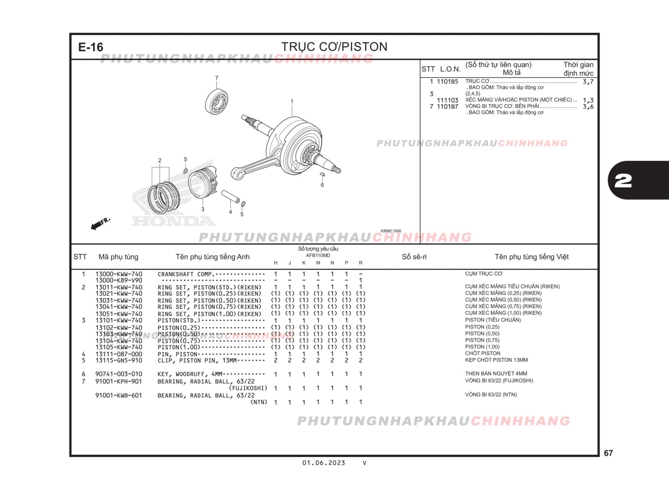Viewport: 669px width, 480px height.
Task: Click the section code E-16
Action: [x=91, y=47]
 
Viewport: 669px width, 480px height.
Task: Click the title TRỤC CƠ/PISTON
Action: [x=334, y=47]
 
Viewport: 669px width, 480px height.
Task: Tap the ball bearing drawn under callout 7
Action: [x=217, y=102]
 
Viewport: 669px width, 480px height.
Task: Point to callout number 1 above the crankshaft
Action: [x=292, y=101]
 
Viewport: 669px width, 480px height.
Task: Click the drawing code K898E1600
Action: [x=390, y=231]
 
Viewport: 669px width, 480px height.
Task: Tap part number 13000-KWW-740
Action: [x=119, y=274]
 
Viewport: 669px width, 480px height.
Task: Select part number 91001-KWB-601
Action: [x=119, y=395]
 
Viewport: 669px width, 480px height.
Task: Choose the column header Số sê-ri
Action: [x=414, y=257]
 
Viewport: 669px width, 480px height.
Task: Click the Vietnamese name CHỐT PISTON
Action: [x=482, y=353]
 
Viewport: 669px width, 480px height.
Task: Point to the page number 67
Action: [x=608, y=453]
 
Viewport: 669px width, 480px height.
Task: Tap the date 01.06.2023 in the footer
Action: [x=323, y=463]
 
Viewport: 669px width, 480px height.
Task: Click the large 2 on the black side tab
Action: [x=623, y=180]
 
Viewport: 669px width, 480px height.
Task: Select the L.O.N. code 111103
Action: [x=447, y=100]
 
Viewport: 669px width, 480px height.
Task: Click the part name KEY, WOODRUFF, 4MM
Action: [x=190, y=374]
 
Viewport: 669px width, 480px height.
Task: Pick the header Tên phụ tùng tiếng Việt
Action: [x=531, y=257]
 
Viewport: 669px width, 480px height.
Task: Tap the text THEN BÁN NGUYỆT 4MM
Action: [x=496, y=374]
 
